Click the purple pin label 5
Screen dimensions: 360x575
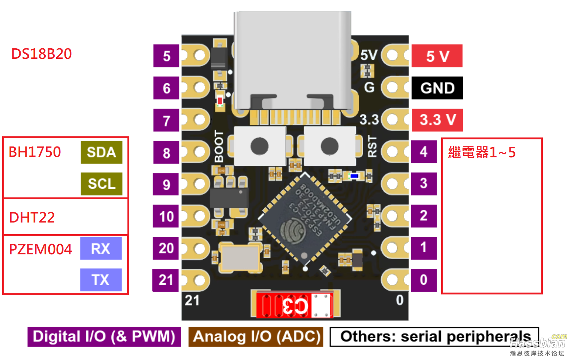tap(166, 56)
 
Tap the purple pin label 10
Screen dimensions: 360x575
tap(166, 216)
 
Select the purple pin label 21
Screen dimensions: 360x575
tap(166, 280)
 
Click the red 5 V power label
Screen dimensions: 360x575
tap(437, 56)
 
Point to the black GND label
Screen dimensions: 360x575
tap(437, 88)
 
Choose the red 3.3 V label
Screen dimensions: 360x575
tap(437, 120)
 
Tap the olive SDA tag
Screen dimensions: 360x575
tap(101, 152)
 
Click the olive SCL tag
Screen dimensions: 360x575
tap(101, 184)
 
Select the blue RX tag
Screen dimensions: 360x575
tap(101, 248)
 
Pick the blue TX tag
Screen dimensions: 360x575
tap(101, 280)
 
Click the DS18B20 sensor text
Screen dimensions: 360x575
tap(41, 54)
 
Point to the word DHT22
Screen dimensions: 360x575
tap(32, 217)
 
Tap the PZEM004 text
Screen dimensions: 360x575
tap(40, 249)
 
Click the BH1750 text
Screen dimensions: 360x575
tap(34, 152)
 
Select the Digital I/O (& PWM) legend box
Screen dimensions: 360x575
tap(104, 336)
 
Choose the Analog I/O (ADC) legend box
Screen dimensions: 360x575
tap(256, 336)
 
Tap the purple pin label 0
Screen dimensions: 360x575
tap(424, 280)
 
